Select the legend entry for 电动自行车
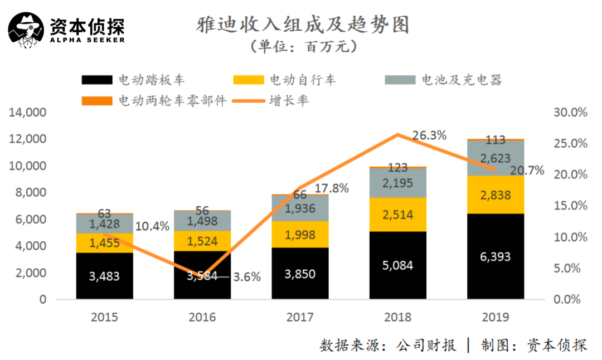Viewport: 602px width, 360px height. click(285, 80)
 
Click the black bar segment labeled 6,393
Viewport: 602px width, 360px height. click(496, 257)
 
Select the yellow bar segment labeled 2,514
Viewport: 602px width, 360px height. click(398, 215)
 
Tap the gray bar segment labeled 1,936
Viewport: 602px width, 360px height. click(300, 208)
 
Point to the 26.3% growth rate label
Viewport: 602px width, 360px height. click(430, 135)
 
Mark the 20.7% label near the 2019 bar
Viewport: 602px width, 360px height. click(527, 171)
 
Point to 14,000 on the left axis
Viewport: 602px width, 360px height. click(27, 113)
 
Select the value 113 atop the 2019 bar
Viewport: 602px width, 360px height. click(496, 140)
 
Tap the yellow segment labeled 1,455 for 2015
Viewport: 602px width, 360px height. click(104, 243)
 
